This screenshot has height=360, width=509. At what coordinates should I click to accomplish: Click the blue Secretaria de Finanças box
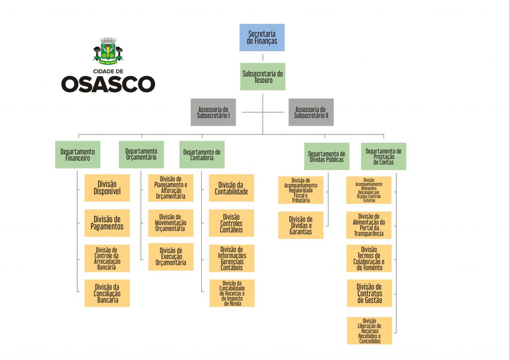click(x=262, y=37)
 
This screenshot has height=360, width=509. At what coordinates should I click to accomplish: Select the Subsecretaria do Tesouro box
click(x=262, y=77)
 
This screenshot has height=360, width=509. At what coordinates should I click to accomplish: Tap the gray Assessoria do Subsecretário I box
click(x=213, y=112)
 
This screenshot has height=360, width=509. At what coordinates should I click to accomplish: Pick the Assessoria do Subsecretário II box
click(x=311, y=112)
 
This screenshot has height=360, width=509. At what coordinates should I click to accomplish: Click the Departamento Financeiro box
click(x=78, y=155)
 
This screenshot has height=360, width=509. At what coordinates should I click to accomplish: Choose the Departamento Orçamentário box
click(x=141, y=154)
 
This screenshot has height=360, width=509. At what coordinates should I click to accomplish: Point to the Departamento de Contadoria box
click(x=202, y=155)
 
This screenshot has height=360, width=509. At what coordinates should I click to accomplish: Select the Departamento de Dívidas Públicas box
click(x=327, y=157)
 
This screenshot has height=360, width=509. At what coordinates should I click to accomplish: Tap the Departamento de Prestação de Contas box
click(x=383, y=156)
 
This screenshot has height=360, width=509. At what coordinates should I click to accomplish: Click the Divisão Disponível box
click(x=107, y=188)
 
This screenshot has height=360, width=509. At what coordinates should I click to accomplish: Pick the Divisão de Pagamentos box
click(x=107, y=223)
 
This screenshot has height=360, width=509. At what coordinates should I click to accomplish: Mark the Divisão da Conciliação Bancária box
click(x=107, y=293)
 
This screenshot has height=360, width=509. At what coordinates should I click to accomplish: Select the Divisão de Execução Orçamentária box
click(x=170, y=257)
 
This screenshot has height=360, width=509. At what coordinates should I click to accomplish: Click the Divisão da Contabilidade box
click(x=231, y=188)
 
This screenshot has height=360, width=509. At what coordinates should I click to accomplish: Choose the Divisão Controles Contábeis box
click(x=231, y=223)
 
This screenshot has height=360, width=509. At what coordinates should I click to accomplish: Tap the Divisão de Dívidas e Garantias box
click(x=301, y=225)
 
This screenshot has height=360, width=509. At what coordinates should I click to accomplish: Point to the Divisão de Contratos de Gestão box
click(x=369, y=293)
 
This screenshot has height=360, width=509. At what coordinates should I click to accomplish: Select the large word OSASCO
click(x=108, y=84)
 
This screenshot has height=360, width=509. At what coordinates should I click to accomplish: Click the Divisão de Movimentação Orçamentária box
click(x=170, y=223)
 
